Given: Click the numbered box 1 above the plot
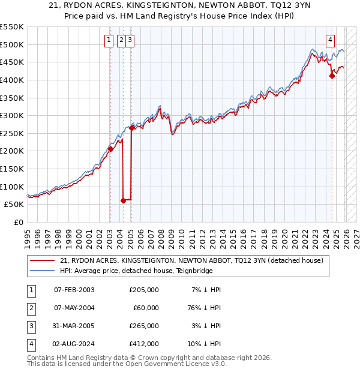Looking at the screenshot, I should tap(109, 40).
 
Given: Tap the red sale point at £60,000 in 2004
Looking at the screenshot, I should tap(123, 201).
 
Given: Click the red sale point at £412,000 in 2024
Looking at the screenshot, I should tap(332, 76).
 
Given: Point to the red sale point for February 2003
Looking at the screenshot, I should tap(110, 149).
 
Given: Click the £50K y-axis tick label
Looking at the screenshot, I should tap(14, 204).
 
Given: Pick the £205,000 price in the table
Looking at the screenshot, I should tap(144, 290).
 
